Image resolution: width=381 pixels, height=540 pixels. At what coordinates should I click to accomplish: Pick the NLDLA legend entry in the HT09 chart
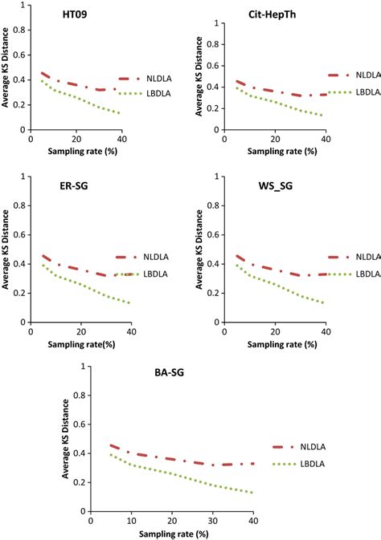(156, 79)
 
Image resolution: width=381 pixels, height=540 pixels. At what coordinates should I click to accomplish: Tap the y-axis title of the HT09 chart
(6, 75)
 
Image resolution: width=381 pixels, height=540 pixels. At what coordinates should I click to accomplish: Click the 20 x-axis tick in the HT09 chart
(77, 140)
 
